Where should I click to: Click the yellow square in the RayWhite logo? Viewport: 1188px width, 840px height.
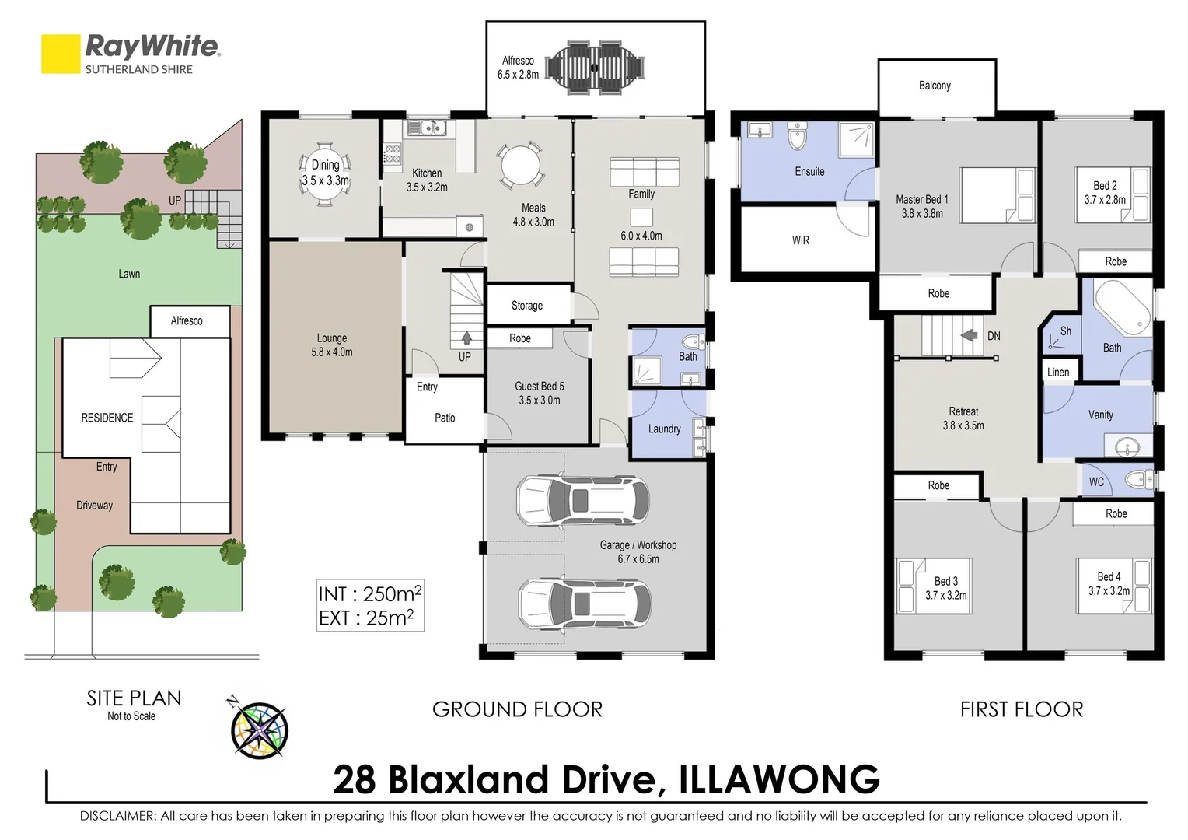pos(61,54)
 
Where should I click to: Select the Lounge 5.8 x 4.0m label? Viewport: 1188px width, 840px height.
pos(332,345)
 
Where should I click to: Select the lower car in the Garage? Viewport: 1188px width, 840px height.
pos(585,604)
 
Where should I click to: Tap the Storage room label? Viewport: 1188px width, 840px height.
pos(526,306)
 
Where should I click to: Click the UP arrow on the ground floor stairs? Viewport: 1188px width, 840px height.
pos(466,338)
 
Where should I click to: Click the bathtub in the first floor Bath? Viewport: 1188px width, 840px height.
pos(1123,308)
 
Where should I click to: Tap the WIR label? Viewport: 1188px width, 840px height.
pos(800,240)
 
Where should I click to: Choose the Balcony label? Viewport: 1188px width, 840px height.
pos(935,86)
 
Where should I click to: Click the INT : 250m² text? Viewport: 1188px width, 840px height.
pos(369,594)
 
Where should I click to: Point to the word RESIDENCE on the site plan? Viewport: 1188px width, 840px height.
pos(107,418)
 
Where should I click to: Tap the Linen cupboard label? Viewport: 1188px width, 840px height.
pos(1057,372)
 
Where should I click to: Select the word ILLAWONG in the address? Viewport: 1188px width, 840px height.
pos(779,780)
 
